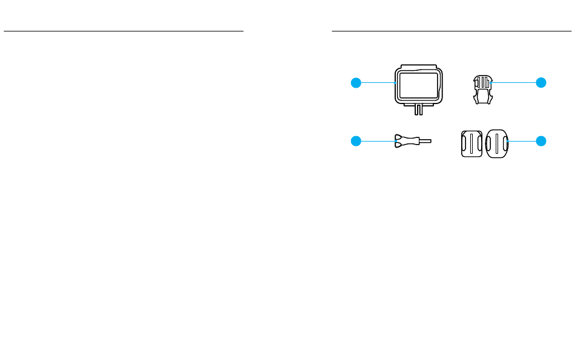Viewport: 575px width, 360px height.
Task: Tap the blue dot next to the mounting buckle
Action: tap(540, 82)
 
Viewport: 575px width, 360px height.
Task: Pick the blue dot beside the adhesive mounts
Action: tap(540, 142)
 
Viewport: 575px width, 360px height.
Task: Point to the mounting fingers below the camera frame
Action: tap(417, 110)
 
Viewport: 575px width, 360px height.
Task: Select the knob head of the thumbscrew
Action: tap(401, 142)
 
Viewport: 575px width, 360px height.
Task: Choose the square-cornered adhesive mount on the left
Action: tap(472, 143)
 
